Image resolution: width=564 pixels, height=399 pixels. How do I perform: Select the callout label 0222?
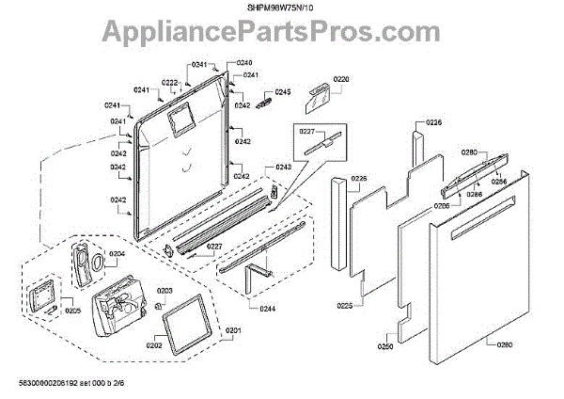pos(170,83)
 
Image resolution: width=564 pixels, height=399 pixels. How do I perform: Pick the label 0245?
pos(283,91)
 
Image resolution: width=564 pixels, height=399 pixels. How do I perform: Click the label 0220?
pos(341,80)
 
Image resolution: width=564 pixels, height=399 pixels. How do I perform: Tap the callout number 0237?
pos(306,133)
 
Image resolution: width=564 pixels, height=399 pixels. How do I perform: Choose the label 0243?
pos(283,168)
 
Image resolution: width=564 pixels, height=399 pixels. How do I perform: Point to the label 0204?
pos(117,254)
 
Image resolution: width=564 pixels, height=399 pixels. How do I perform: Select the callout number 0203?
pos(164,291)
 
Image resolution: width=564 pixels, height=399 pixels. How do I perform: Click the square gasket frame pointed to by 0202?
pos(194,321)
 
